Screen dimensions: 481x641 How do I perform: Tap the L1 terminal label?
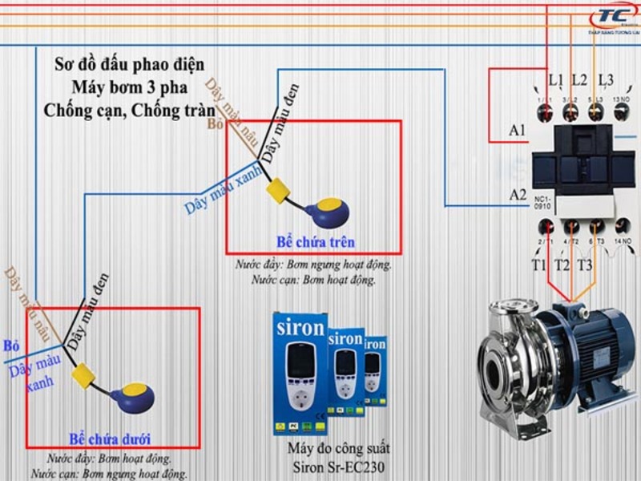pyautogui.click(x=556, y=80)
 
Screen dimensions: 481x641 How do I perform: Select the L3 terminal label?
pyautogui.click(x=605, y=80)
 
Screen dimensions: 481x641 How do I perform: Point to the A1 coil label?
pyautogui.click(x=518, y=130)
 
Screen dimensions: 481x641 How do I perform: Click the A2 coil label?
pyautogui.click(x=518, y=195)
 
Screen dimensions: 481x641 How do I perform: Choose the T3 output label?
pyautogui.click(x=585, y=265)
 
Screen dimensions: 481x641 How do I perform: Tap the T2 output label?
pyautogui.click(x=562, y=265)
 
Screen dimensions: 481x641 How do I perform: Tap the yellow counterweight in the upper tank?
pyautogui.click(x=278, y=189)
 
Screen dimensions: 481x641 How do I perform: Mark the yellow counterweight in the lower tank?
pyautogui.click(x=83, y=374)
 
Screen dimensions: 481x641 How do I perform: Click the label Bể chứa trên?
pyautogui.click(x=315, y=242)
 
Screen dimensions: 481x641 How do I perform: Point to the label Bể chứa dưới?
pyautogui.click(x=110, y=439)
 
